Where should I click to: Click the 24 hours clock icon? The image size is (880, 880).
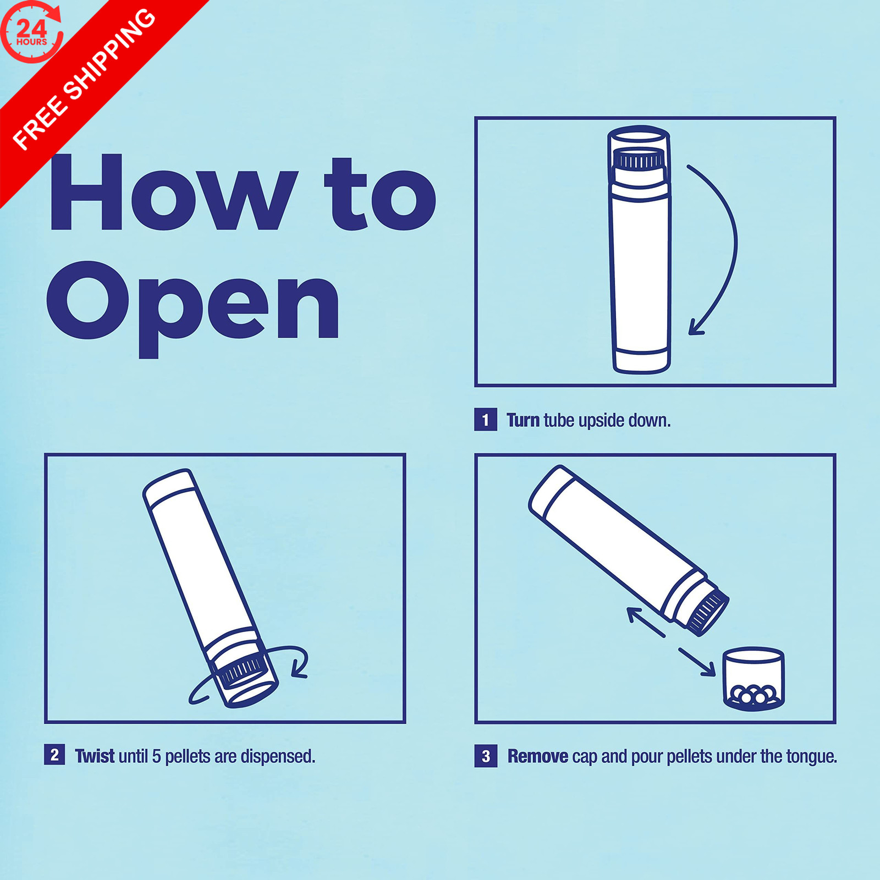click(32, 32)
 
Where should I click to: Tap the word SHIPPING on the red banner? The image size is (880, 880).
click(109, 56)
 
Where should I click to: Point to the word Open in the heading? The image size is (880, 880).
click(193, 308)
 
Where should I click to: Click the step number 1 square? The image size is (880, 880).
click(486, 420)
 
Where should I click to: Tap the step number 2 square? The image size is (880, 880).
click(54, 755)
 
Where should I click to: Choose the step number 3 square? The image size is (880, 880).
click(486, 756)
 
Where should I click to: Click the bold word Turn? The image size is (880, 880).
click(522, 420)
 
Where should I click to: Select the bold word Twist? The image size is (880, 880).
click(95, 756)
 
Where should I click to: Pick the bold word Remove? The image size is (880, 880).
click(537, 756)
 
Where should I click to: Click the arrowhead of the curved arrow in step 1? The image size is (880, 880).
click(696, 327)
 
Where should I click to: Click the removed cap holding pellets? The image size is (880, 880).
click(753, 680)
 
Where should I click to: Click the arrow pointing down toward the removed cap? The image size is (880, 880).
click(697, 662)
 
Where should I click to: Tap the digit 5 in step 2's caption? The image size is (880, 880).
click(156, 756)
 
